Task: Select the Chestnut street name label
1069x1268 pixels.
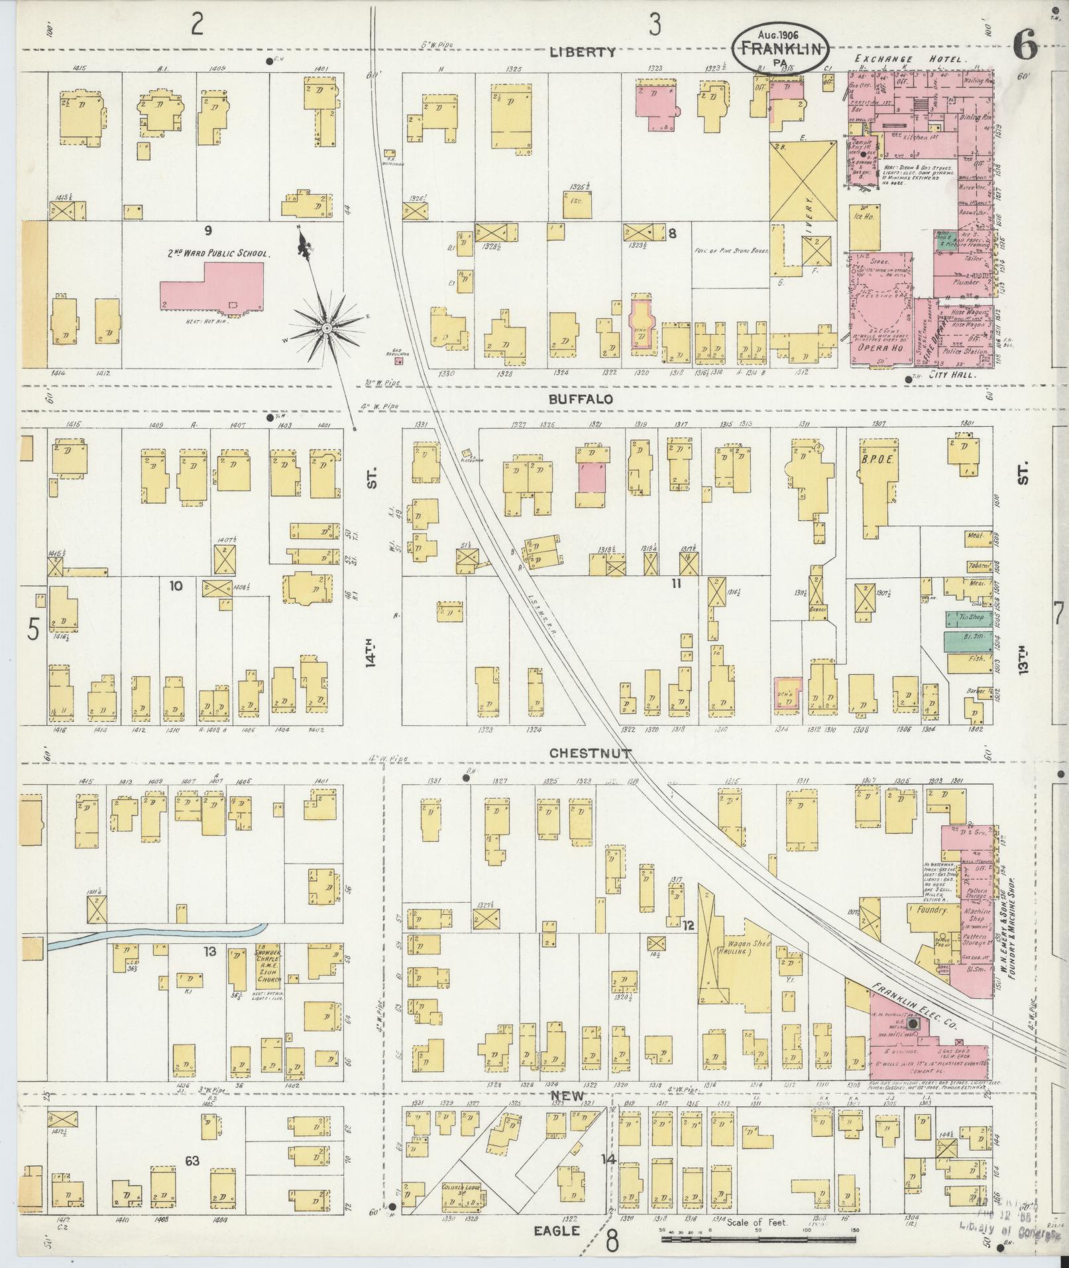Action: [591, 753]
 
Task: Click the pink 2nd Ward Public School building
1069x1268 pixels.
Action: [211, 286]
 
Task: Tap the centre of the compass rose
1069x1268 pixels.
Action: [326, 329]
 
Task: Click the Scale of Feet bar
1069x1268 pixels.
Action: [757, 1238]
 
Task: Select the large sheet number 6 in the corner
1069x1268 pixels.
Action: [1025, 47]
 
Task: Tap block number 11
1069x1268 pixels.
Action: [675, 583]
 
